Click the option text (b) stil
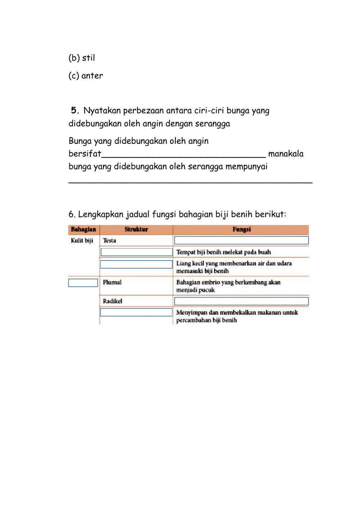point(82,58)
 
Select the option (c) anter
point(86,76)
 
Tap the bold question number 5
point(75,110)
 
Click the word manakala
point(286,154)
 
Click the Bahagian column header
point(84,229)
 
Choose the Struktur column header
point(136,229)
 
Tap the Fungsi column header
point(241,229)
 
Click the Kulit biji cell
point(82,241)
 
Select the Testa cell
point(109,241)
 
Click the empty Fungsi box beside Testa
point(241,240)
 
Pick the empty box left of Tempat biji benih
point(136,252)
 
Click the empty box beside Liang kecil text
point(136,264)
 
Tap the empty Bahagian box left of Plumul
point(83,283)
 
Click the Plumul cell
point(112,282)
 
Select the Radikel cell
point(113,301)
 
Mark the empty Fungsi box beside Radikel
point(241,301)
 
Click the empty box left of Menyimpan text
point(136,312)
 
